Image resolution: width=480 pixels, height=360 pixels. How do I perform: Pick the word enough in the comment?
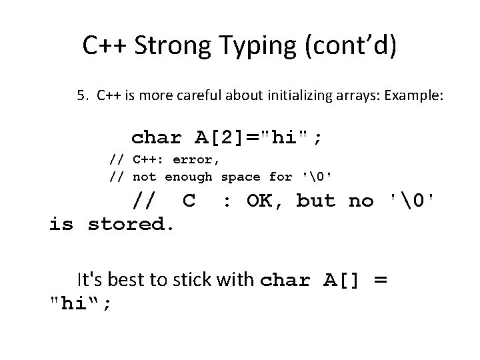[x=189, y=177]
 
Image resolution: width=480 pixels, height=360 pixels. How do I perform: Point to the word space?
[x=241, y=177]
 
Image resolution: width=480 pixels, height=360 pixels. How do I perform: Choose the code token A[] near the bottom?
[x=339, y=279]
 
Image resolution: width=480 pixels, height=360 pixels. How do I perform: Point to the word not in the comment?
[x=145, y=177]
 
